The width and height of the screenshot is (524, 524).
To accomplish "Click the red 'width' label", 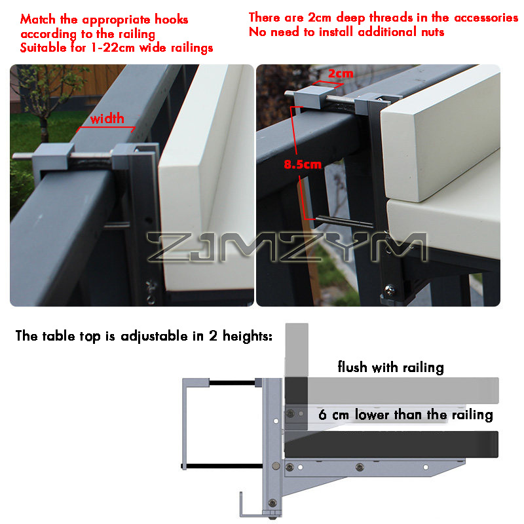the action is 107,119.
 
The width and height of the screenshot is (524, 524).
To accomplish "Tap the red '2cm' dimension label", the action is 341,73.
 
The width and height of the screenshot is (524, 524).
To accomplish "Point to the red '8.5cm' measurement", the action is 303,164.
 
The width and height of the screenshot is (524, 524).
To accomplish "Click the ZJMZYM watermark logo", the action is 288,247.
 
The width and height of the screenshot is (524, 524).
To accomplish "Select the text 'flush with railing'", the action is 390,367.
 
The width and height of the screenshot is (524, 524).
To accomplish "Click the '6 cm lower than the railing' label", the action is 405,415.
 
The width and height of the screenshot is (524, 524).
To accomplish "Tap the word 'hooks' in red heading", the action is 172,20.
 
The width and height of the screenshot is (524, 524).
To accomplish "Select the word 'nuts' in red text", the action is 433,32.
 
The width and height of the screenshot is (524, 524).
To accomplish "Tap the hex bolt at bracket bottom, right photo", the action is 389,290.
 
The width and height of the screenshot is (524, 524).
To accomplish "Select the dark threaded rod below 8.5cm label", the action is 345,221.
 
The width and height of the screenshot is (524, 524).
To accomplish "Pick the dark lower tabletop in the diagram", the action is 391,444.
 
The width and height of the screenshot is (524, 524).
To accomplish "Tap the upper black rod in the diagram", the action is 232,383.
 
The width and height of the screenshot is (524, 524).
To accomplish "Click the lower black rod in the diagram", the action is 222,466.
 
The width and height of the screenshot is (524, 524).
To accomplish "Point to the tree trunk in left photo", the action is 44,120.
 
